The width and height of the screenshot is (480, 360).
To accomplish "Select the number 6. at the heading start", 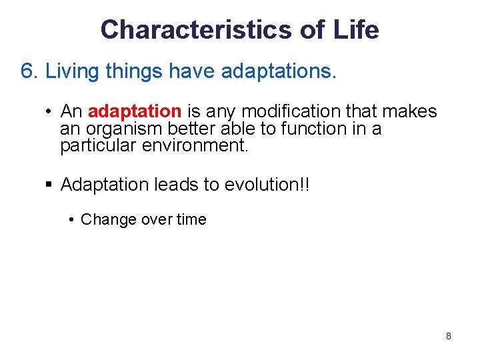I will (x=30, y=71).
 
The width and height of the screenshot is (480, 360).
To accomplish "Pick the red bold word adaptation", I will (x=134, y=111).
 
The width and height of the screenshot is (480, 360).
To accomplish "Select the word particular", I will (x=99, y=145).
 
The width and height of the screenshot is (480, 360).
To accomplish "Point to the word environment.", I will (x=195, y=145).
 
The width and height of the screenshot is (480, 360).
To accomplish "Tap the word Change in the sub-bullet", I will (x=107, y=219).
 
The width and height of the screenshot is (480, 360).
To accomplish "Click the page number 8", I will (x=448, y=336).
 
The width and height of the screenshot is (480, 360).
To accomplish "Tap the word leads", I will (x=177, y=185).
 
